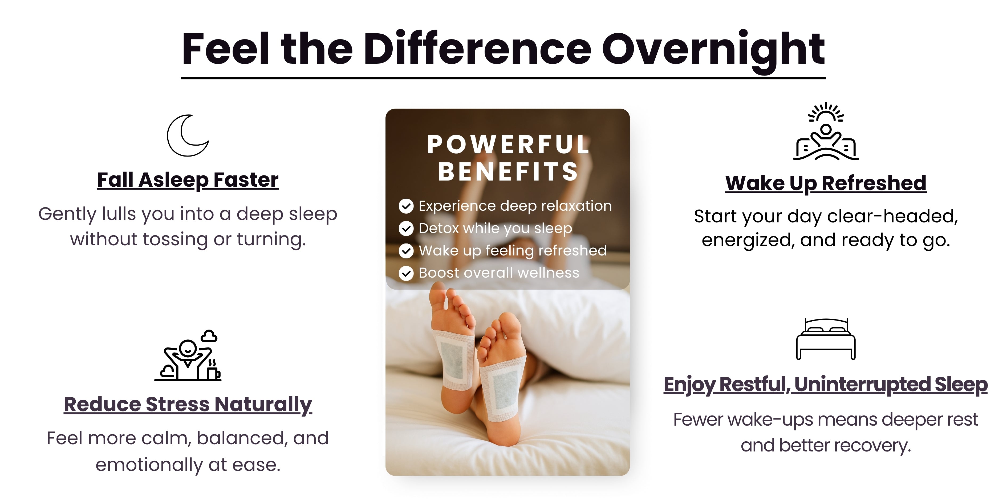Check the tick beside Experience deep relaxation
pyautogui.click(x=406, y=206)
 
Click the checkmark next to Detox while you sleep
pyautogui.click(x=406, y=229)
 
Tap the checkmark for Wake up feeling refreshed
pyautogui.click(x=406, y=251)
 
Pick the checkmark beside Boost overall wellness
pyautogui.click(x=406, y=273)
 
